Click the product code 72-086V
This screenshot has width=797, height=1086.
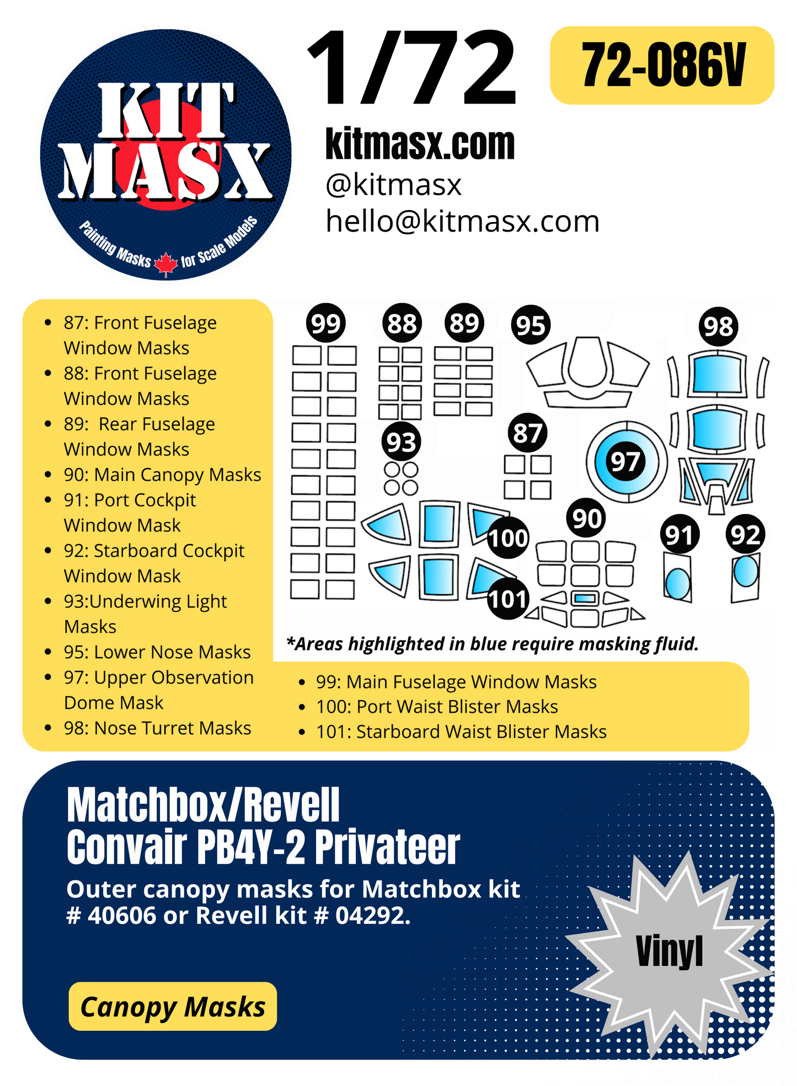pos(662,66)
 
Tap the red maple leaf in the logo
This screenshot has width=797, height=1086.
pos(165,264)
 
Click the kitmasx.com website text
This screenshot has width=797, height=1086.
pos(420,144)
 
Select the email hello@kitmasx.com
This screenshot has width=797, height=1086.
pos(462,222)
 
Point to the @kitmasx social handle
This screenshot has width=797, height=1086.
pos(393,185)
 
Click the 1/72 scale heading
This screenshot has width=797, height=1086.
pos(413,69)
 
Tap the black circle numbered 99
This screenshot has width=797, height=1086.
pos(325,324)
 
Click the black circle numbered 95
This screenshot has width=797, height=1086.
pos(531,325)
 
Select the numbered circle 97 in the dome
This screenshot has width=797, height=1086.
pos(625,461)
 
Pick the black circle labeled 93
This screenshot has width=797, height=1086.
pos(401,442)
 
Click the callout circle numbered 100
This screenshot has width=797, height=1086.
pos(507,538)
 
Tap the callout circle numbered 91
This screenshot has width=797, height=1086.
pos(680,535)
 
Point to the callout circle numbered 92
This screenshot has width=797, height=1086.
pos(745,535)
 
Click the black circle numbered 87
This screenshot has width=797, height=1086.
pos(528,433)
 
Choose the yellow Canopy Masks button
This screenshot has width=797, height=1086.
pos(173,1007)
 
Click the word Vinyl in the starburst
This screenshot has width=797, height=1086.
pos(669,951)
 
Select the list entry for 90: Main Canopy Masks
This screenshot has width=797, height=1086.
pos(162,475)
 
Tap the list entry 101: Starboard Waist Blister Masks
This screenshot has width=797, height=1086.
pos(461,732)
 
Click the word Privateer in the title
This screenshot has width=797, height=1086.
pos(387,847)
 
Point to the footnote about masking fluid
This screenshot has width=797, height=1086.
pos(493,643)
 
